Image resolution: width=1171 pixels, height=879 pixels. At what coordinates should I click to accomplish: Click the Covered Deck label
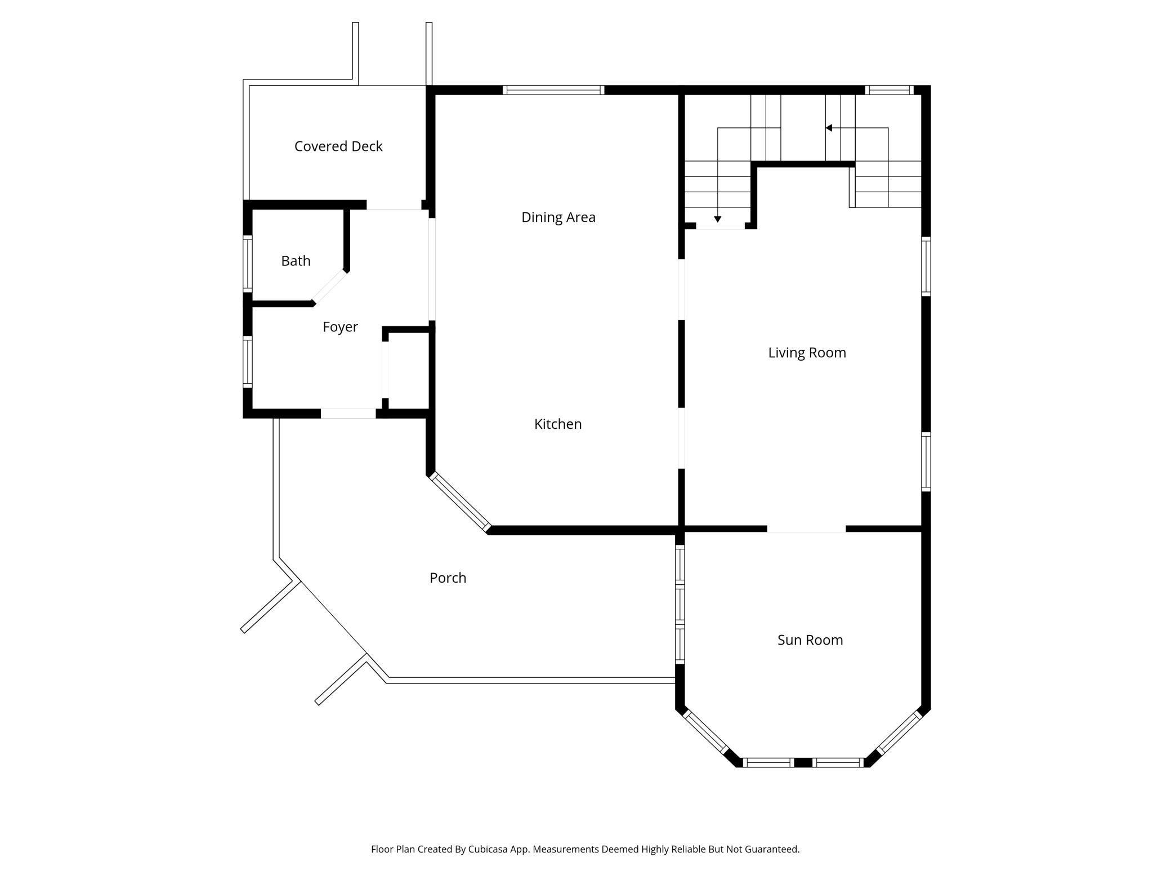(x=338, y=146)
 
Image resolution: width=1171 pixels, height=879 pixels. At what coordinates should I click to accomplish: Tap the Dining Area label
(x=558, y=217)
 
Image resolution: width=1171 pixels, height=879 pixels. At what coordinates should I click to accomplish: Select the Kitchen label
(x=558, y=424)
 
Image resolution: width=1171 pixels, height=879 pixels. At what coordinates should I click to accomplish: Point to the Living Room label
(x=807, y=353)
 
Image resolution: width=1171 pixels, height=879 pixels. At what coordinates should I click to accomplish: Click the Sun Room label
(x=810, y=640)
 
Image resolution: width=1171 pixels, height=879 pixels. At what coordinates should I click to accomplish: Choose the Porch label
(x=448, y=578)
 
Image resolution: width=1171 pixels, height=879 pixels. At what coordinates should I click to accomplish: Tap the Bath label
(x=296, y=261)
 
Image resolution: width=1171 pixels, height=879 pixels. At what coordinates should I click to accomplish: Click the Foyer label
(x=340, y=327)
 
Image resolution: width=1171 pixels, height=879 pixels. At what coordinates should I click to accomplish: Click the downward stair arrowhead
(x=717, y=219)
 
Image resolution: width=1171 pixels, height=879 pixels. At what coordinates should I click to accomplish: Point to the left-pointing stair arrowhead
(x=829, y=128)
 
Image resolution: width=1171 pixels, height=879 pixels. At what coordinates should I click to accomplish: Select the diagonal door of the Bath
(x=329, y=287)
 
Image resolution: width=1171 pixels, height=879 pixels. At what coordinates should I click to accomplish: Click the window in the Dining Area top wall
(x=553, y=90)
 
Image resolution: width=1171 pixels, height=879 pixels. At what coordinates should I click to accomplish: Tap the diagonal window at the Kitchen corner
(x=460, y=502)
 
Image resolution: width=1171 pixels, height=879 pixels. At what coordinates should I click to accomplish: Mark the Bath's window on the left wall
(x=247, y=264)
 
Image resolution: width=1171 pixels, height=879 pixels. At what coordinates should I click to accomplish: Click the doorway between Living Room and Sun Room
(x=806, y=529)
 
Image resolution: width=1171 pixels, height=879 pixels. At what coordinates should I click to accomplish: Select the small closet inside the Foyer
(x=407, y=370)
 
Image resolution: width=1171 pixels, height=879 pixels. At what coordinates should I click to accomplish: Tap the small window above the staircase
(x=889, y=90)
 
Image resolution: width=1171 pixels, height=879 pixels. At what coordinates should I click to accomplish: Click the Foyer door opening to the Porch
(x=348, y=414)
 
